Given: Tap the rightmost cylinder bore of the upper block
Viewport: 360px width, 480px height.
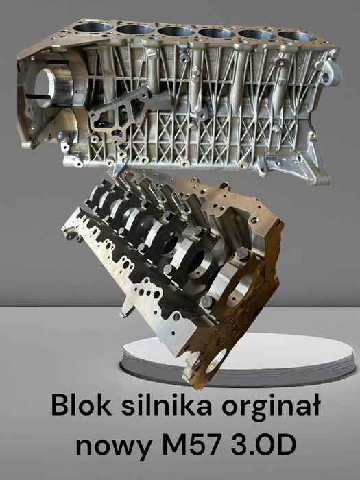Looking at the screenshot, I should pyautogui.click(x=296, y=36).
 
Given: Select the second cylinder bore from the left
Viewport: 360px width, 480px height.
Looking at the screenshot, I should pyautogui.click(x=135, y=29).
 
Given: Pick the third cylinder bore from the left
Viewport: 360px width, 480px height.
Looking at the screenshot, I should pyautogui.click(x=177, y=31).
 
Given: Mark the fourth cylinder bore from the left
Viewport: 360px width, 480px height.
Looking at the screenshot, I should pyautogui.click(x=218, y=32).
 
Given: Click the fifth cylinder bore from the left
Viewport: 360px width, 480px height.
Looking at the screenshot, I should pyautogui.click(x=257, y=34).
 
